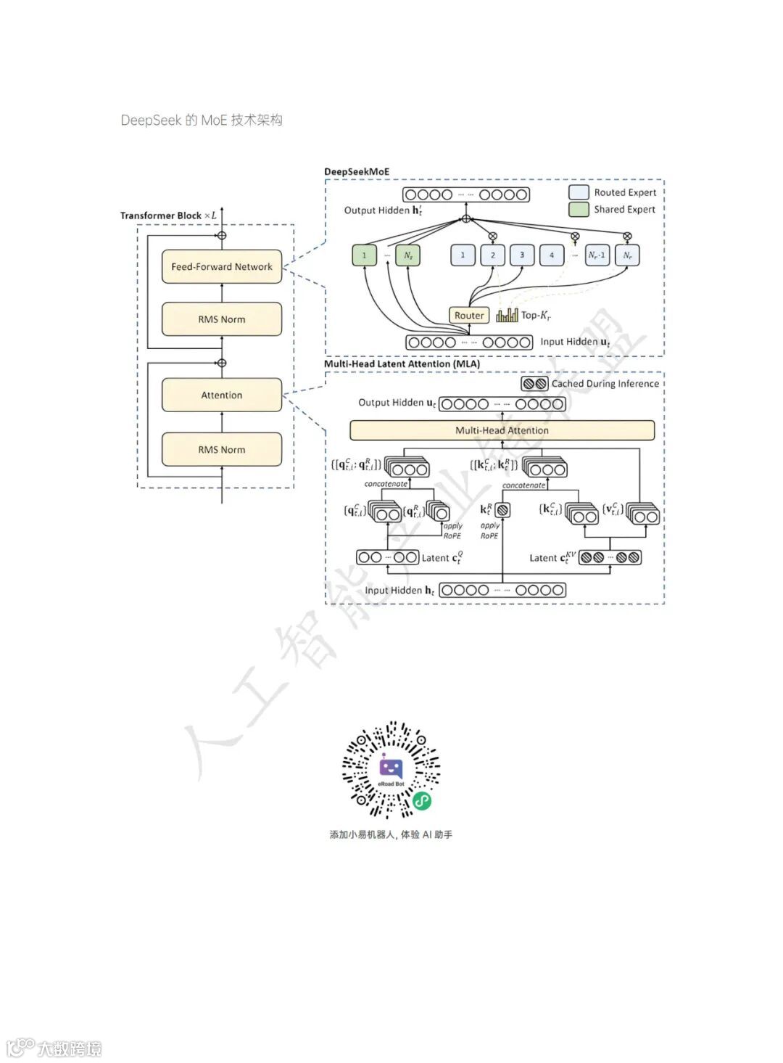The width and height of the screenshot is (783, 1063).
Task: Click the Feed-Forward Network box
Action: (222, 267)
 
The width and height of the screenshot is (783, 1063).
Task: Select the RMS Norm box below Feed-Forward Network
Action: (222, 319)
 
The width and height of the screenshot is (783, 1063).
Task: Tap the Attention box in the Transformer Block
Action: (222, 395)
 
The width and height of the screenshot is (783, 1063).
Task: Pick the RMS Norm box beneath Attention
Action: (222, 450)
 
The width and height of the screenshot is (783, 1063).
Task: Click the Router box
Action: (469, 316)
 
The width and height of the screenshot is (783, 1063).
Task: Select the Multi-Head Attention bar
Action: (502, 430)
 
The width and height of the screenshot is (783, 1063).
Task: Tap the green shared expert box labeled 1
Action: (364, 255)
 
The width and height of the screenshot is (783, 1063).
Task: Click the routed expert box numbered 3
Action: (522, 255)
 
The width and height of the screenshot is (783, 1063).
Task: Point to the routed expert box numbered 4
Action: (552, 255)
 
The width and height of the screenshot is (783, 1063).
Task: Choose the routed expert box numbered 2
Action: (492, 255)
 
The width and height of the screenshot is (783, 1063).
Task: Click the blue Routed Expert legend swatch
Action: (579, 192)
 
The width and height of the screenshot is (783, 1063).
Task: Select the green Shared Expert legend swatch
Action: (579, 209)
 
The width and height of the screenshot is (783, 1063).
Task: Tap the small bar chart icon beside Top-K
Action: (507, 316)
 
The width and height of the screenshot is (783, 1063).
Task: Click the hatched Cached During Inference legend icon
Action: (535, 384)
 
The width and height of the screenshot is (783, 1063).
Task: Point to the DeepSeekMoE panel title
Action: (357, 172)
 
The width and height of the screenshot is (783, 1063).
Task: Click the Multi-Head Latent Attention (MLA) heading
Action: (402, 364)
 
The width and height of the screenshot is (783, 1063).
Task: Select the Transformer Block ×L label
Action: (168, 216)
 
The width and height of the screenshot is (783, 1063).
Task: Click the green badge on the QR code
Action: (422, 800)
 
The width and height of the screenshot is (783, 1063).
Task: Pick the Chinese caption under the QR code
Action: (391, 835)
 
